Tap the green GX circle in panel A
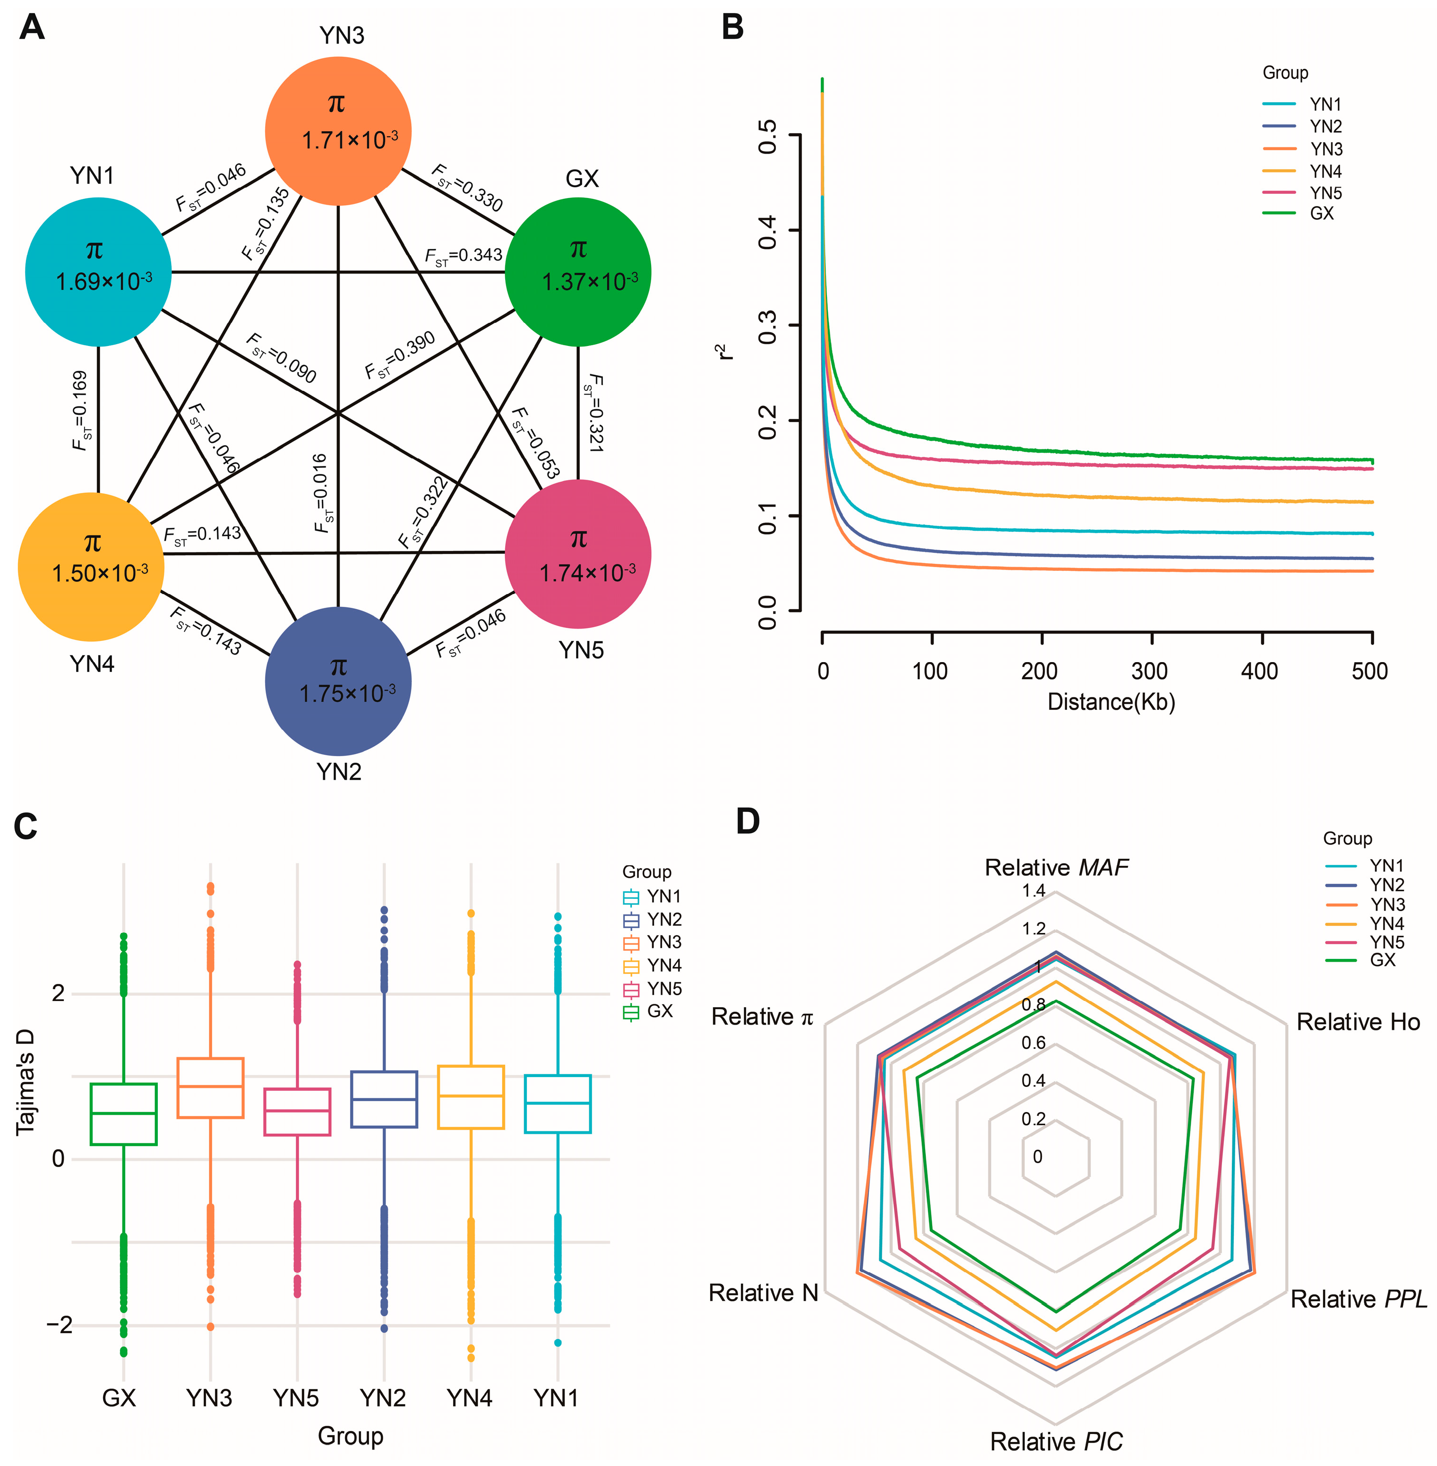coord(577,272)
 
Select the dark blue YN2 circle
coord(338,681)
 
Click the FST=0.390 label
coord(399,355)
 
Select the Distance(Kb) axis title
coord(1111,702)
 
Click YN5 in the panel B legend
coord(1325,193)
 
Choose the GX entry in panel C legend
coord(659,1011)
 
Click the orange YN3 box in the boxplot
coord(210,1088)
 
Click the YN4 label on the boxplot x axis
coord(469,1398)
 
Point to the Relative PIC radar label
coord(1056,1441)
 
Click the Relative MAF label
coord(1056,867)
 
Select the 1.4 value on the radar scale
coord(1033,891)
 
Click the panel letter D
coord(747,821)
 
